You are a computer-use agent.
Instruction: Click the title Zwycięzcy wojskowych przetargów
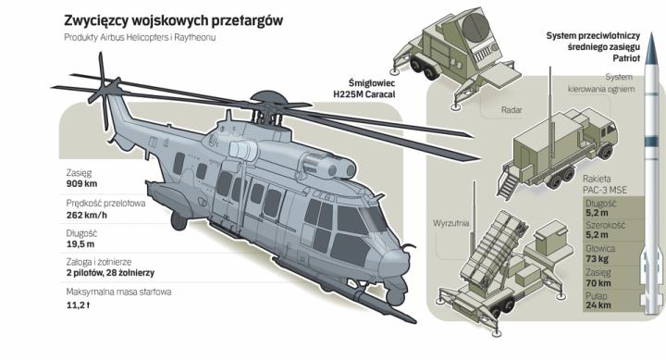point(173,21)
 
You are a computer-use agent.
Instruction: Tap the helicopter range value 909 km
point(81,184)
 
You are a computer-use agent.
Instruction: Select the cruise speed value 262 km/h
point(87,215)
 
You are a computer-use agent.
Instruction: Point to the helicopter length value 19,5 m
point(80,244)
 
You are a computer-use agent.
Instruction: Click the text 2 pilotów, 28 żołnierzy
point(110,273)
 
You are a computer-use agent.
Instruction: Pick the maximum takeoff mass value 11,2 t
point(78,305)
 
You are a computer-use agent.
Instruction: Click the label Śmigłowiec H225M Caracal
point(364,89)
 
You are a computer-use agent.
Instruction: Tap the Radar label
point(512,110)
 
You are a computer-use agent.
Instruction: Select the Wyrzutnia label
point(451,223)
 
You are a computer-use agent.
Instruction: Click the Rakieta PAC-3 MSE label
point(605,184)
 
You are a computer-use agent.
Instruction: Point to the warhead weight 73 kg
point(598,259)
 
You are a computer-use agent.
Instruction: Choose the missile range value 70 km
point(598,283)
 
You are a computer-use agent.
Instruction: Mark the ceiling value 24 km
point(598,305)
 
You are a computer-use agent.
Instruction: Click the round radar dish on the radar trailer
point(475,28)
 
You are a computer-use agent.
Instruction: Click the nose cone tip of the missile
point(652,35)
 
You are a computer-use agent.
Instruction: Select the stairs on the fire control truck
point(508,183)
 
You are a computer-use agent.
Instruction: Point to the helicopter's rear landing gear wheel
point(179,221)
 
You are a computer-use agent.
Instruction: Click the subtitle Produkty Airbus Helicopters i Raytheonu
point(140,37)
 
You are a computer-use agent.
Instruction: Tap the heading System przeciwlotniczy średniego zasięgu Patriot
point(593,47)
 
